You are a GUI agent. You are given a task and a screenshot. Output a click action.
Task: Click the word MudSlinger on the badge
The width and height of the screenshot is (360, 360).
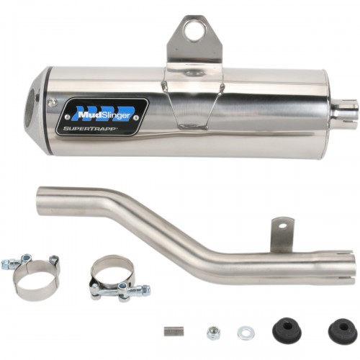point(104,115)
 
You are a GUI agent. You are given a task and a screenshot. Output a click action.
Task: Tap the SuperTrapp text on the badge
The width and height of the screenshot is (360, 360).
point(90,129)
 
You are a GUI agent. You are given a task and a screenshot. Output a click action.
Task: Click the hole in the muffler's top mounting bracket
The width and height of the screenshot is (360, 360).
point(194,31)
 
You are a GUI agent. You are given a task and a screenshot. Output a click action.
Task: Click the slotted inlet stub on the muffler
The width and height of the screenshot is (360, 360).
point(345,113)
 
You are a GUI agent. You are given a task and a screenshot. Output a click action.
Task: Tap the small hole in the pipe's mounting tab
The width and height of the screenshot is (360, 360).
point(284,226)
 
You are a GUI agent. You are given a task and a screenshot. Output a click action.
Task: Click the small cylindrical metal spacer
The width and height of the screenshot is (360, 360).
point(174,331)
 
